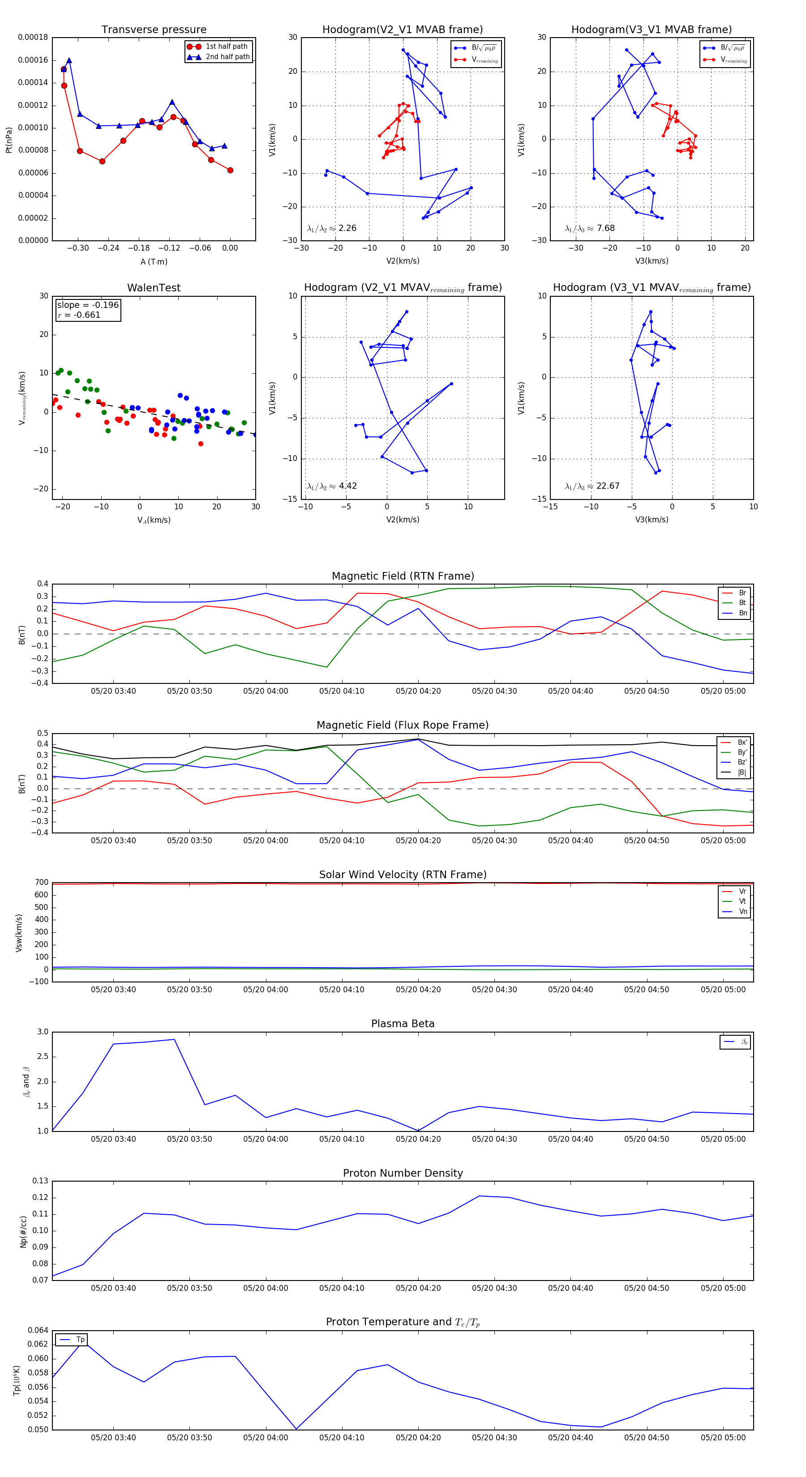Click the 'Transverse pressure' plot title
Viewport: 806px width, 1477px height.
154,30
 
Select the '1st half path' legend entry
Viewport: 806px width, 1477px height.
226,47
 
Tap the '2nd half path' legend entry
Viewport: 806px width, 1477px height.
227,57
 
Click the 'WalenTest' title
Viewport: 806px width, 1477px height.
154,288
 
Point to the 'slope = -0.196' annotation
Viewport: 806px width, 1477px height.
88,305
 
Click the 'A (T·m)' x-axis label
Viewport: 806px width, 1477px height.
154,262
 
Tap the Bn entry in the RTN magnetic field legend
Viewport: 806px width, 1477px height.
742,613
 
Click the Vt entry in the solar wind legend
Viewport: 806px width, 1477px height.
742,901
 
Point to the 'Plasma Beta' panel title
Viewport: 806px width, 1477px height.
403,1024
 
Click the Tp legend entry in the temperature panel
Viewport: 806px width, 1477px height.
80,1340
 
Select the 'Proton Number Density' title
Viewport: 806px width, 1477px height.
403,1173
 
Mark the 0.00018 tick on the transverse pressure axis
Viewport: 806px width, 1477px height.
33,38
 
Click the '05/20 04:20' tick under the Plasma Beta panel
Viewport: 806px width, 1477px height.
418,1139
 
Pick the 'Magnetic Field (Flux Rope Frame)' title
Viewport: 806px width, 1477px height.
403,726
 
